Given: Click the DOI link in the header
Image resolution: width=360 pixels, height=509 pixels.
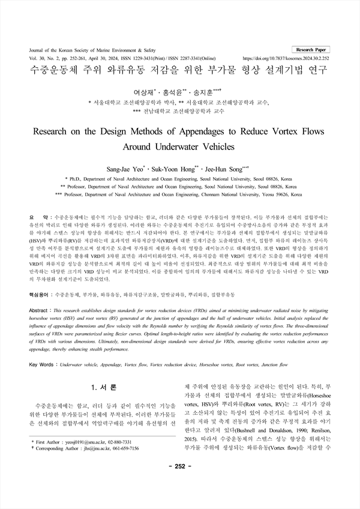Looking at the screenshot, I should click(x=286, y=59).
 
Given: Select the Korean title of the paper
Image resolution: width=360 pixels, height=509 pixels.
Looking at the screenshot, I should click(x=179, y=70).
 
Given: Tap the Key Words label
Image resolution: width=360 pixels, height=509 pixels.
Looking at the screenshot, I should click(x=41, y=364).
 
